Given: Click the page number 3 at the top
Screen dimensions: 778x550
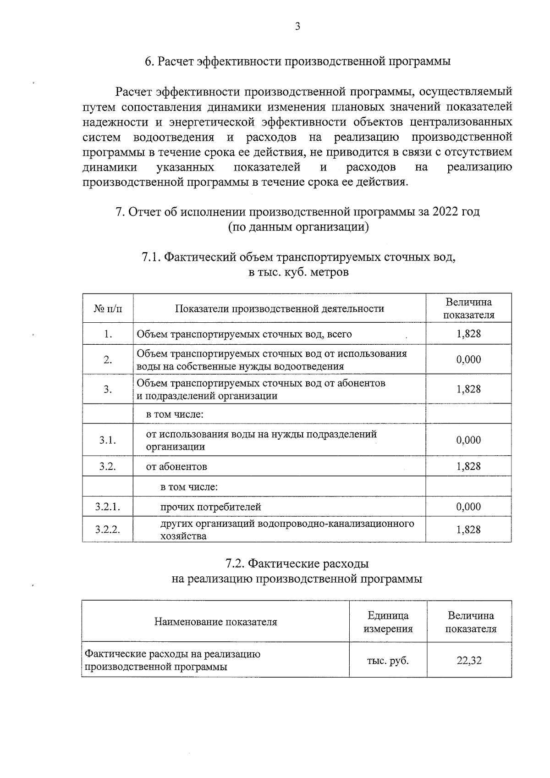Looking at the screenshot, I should [297, 27].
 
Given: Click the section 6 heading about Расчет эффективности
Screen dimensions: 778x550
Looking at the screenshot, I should [297, 62].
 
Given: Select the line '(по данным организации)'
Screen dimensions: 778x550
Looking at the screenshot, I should [298, 227].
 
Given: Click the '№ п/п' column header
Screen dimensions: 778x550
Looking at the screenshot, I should [108, 309].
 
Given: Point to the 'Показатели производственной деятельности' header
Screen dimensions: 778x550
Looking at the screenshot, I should [279, 309].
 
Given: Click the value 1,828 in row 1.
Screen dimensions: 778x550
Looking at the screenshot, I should [468, 334].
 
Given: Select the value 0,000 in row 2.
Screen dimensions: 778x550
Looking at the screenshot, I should [468, 359].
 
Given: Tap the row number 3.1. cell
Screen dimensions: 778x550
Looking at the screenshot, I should [108, 440].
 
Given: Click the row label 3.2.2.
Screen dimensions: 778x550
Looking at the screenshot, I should [108, 530].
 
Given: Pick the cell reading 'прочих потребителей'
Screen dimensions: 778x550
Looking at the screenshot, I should [210, 507].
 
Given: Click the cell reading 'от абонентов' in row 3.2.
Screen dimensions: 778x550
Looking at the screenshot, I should [176, 467].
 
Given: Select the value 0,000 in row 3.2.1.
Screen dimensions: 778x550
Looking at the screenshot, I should [468, 507].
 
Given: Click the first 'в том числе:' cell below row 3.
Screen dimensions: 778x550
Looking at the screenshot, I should [174, 414].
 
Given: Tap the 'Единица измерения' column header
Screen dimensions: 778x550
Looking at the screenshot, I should [388, 622].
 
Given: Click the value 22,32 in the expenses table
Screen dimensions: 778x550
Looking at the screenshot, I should [469, 661].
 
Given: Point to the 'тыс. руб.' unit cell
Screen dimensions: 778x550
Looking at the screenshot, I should [388, 661].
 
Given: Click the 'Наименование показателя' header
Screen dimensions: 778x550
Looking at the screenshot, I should [215, 622].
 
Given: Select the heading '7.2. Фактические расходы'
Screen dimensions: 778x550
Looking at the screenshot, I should [297, 563].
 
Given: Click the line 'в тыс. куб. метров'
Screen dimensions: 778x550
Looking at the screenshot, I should [298, 272].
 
